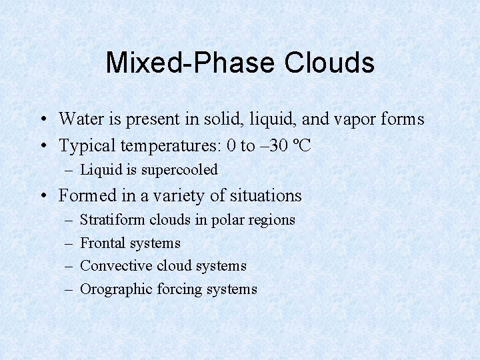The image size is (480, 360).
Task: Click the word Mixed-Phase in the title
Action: click(x=190, y=63)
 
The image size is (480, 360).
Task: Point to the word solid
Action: click(x=221, y=119)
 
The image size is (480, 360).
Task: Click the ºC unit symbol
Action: click(x=302, y=145)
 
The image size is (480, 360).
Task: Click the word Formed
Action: click(x=83, y=196)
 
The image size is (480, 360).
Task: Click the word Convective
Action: click(x=116, y=266)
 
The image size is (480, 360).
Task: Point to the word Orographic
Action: click(x=116, y=289)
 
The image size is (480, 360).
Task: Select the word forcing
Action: click(x=179, y=289)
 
